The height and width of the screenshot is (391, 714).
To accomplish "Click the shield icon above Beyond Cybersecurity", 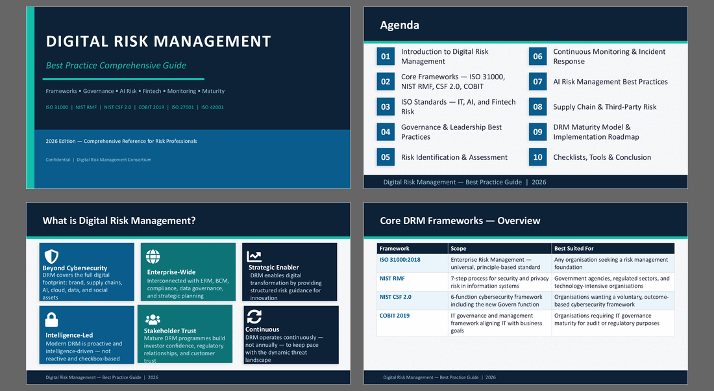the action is coord(51,256).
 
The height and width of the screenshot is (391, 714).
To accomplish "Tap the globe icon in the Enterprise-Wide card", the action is coord(153,257).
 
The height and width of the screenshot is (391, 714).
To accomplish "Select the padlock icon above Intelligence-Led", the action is coord(51,320).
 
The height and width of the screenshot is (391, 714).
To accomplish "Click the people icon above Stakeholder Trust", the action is coord(153,320).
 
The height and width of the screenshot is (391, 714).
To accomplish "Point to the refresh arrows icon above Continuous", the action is coord(254,316).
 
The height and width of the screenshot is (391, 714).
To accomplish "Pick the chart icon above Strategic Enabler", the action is coord(254,257).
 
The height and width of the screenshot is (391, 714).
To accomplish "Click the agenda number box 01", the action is coord(386,57).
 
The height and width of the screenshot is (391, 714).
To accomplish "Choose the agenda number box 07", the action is coord(538,82).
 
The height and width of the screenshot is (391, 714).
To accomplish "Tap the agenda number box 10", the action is coord(538,157).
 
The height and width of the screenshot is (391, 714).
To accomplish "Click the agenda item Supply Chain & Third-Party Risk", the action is coord(605,107).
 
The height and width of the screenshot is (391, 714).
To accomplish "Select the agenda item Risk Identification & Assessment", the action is coord(454,157).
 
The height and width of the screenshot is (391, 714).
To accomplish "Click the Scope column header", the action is coord(458,248).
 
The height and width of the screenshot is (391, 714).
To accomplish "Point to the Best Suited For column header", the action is coord(574,248).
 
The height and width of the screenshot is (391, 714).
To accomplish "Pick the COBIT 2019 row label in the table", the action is coord(395,316).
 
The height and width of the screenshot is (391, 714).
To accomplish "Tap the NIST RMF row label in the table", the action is coord(392,279).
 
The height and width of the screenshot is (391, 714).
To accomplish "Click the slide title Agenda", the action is coord(399,25).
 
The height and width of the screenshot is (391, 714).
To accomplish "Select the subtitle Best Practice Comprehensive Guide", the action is coord(116,66).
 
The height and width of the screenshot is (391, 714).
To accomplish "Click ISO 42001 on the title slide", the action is coord(212,108).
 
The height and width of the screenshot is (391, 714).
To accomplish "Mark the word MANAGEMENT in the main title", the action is coord(212,42).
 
